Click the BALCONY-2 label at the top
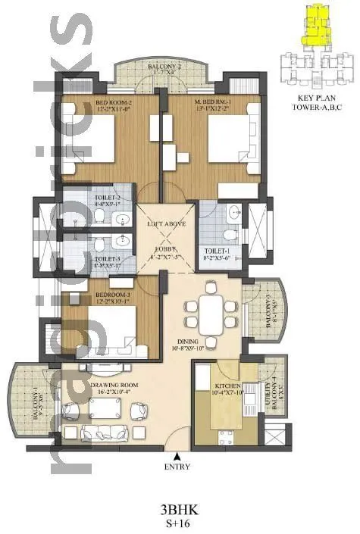pyautogui.click(x=159, y=67)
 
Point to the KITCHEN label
pyautogui.click(x=228, y=387)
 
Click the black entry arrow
pyautogui.click(x=176, y=457)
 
